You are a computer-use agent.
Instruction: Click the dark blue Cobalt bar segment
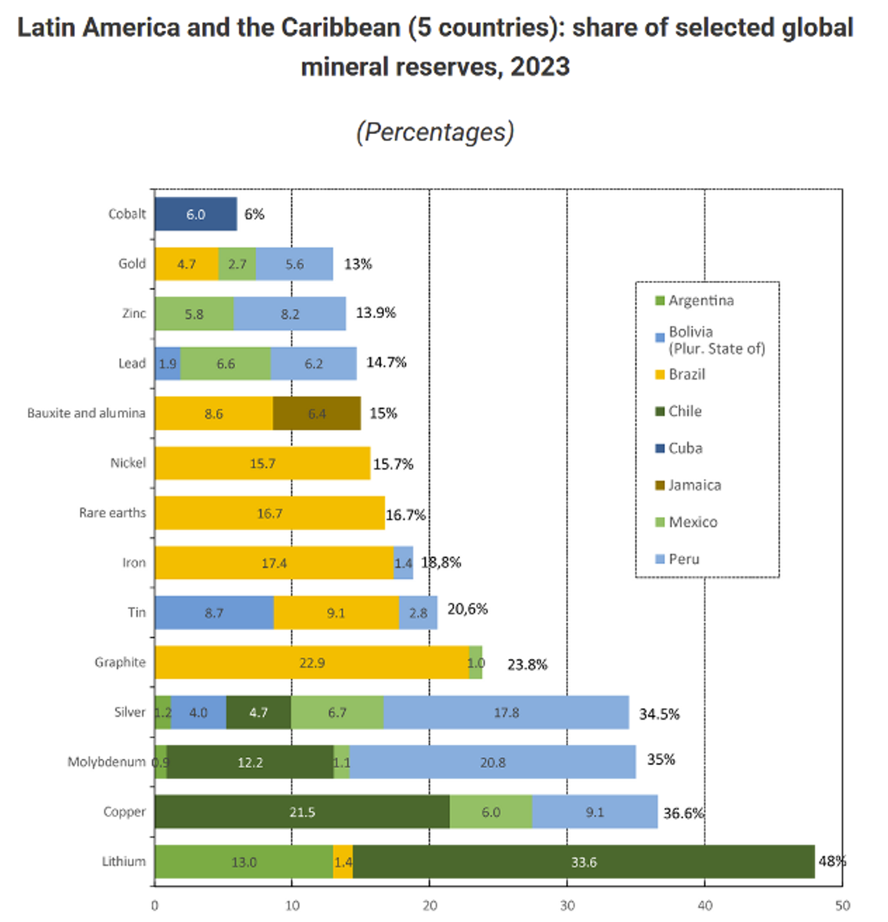coord(196,214)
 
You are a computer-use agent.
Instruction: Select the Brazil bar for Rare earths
coord(269,513)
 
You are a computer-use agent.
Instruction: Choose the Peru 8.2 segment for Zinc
coord(290,314)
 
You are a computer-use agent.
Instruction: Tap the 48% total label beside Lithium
coord(832,861)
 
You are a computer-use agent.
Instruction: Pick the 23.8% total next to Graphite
coord(527,665)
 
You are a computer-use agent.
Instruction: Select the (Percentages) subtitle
coord(435,132)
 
